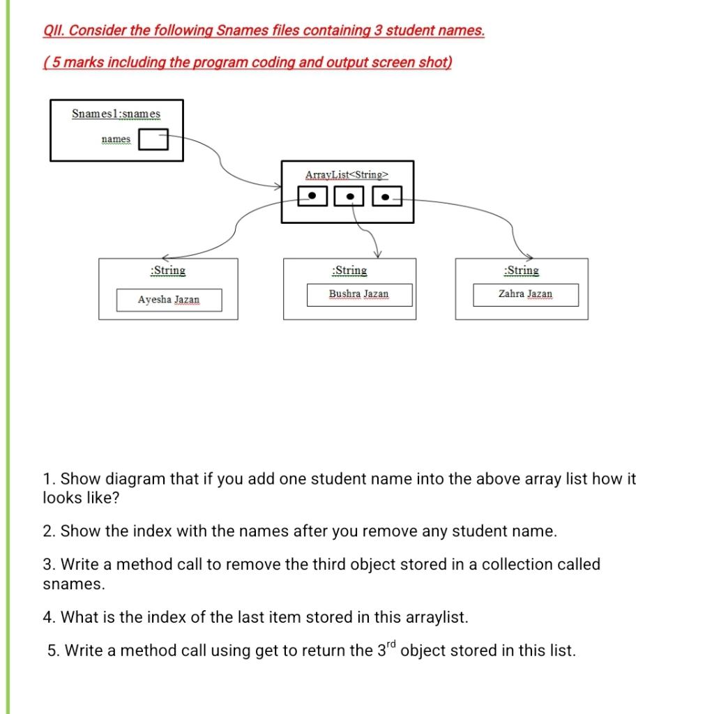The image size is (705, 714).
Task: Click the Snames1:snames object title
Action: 116,114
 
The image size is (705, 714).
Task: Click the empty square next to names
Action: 153,140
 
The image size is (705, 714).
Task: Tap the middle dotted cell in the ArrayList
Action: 350,197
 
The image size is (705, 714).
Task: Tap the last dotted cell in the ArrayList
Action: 386,197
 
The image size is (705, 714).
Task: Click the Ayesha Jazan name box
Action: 168,300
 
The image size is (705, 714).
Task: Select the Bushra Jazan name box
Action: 358,294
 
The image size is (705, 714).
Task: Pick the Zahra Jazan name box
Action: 525,294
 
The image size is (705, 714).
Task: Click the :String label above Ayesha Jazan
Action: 168,271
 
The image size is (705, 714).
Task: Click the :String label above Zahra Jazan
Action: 522,271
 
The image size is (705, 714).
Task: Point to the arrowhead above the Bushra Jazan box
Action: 377,254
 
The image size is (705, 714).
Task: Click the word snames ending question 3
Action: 73,584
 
